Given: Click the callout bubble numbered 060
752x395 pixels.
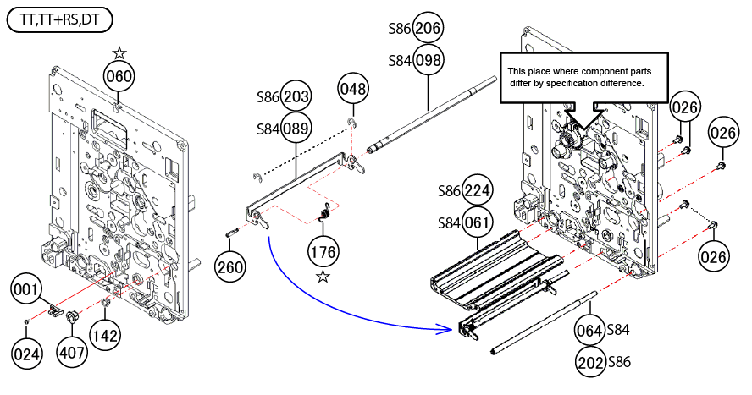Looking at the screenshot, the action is [119, 76].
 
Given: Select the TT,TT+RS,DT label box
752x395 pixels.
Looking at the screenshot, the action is [60, 20].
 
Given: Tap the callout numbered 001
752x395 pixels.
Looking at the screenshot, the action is [26, 289].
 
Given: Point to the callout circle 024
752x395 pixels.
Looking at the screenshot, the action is [26, 354].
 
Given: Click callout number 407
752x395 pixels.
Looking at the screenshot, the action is [72, 353].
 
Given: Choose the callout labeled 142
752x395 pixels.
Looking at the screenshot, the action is [105, 335].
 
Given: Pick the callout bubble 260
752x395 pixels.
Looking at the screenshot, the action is [229, 266].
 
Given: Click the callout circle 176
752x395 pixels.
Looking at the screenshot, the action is [323, 252].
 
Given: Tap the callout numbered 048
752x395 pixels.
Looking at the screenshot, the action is [353, 89].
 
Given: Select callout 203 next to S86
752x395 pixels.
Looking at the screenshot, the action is [296, 96].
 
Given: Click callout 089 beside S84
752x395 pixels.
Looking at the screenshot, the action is [296, 129].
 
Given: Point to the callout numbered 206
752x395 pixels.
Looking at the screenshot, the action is [428, 28].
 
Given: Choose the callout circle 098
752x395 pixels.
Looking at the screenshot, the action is [428, 60].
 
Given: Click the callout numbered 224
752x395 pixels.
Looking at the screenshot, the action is [477, 190].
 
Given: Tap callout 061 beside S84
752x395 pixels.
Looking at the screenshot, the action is [477, 222].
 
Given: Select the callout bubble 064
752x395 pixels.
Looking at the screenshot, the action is [589, 330].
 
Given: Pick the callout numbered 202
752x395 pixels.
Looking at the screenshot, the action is [589, 362].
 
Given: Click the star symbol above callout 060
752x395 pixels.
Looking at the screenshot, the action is [119, 52].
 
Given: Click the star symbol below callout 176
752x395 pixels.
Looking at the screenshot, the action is [323, 277].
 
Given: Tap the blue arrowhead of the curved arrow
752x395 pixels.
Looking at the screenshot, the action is [446, 329].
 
